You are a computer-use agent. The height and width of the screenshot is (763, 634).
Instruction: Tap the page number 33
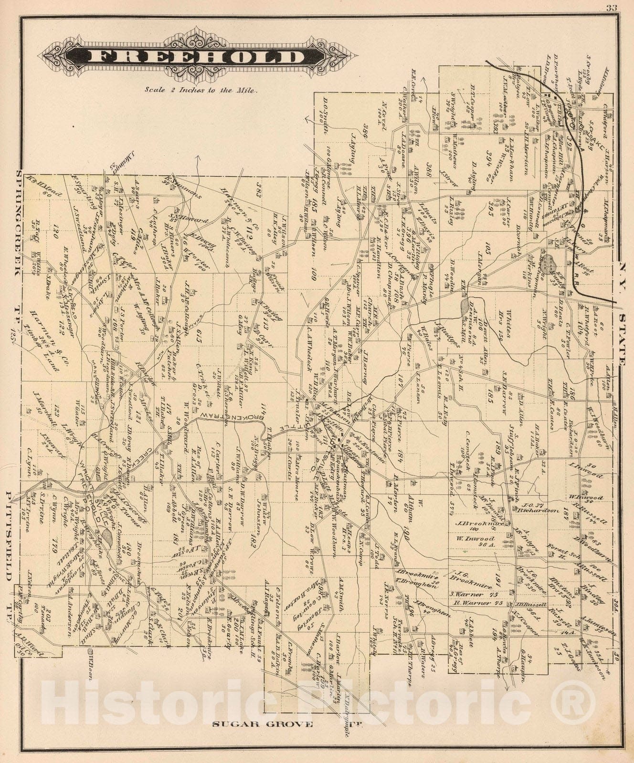611,7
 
